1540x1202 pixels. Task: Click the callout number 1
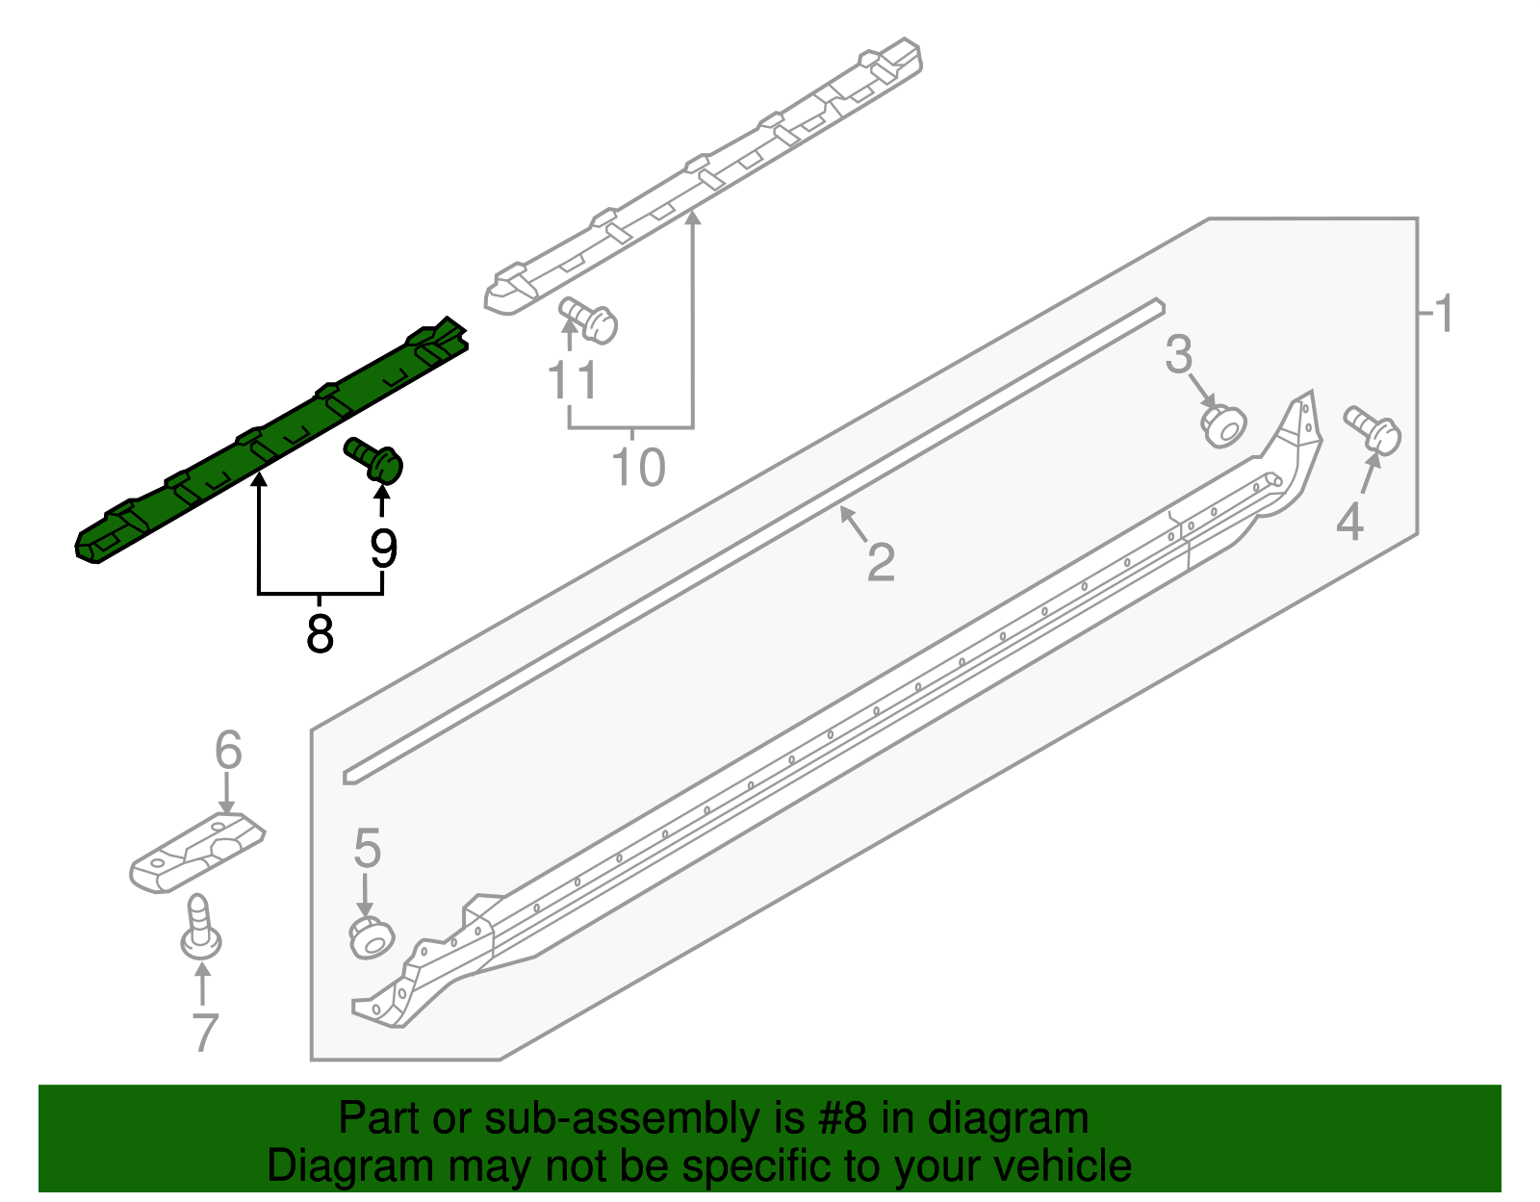pos(1444,314)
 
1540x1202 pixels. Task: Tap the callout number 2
pos(881,562)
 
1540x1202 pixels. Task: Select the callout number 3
pos(1179,355)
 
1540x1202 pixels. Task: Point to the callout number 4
pos(1349,522)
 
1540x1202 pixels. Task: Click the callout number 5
pos(367,849)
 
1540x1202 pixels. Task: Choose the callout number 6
pos(228,750)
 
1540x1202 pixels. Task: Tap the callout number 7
pos(205,1033)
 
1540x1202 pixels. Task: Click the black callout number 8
pos(320,632)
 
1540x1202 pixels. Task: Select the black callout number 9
pos(383,548)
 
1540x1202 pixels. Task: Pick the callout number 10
pos(638,468)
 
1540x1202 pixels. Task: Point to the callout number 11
pos(573,380)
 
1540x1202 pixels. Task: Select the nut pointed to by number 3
pos(1224,425)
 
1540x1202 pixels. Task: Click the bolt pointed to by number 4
pos(1373,430)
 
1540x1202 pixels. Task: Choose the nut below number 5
pos(372,937)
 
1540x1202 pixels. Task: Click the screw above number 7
pos(201,927)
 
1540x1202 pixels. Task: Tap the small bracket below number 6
pos(197,853)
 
